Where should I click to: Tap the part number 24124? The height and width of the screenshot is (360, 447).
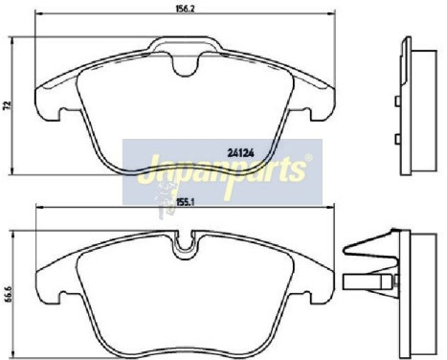click(240, 150)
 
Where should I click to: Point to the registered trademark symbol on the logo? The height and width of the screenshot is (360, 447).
click(305, 157)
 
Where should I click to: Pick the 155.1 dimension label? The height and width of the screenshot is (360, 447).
click(186, 202)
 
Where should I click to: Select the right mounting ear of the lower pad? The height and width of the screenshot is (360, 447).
click(323, 283)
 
